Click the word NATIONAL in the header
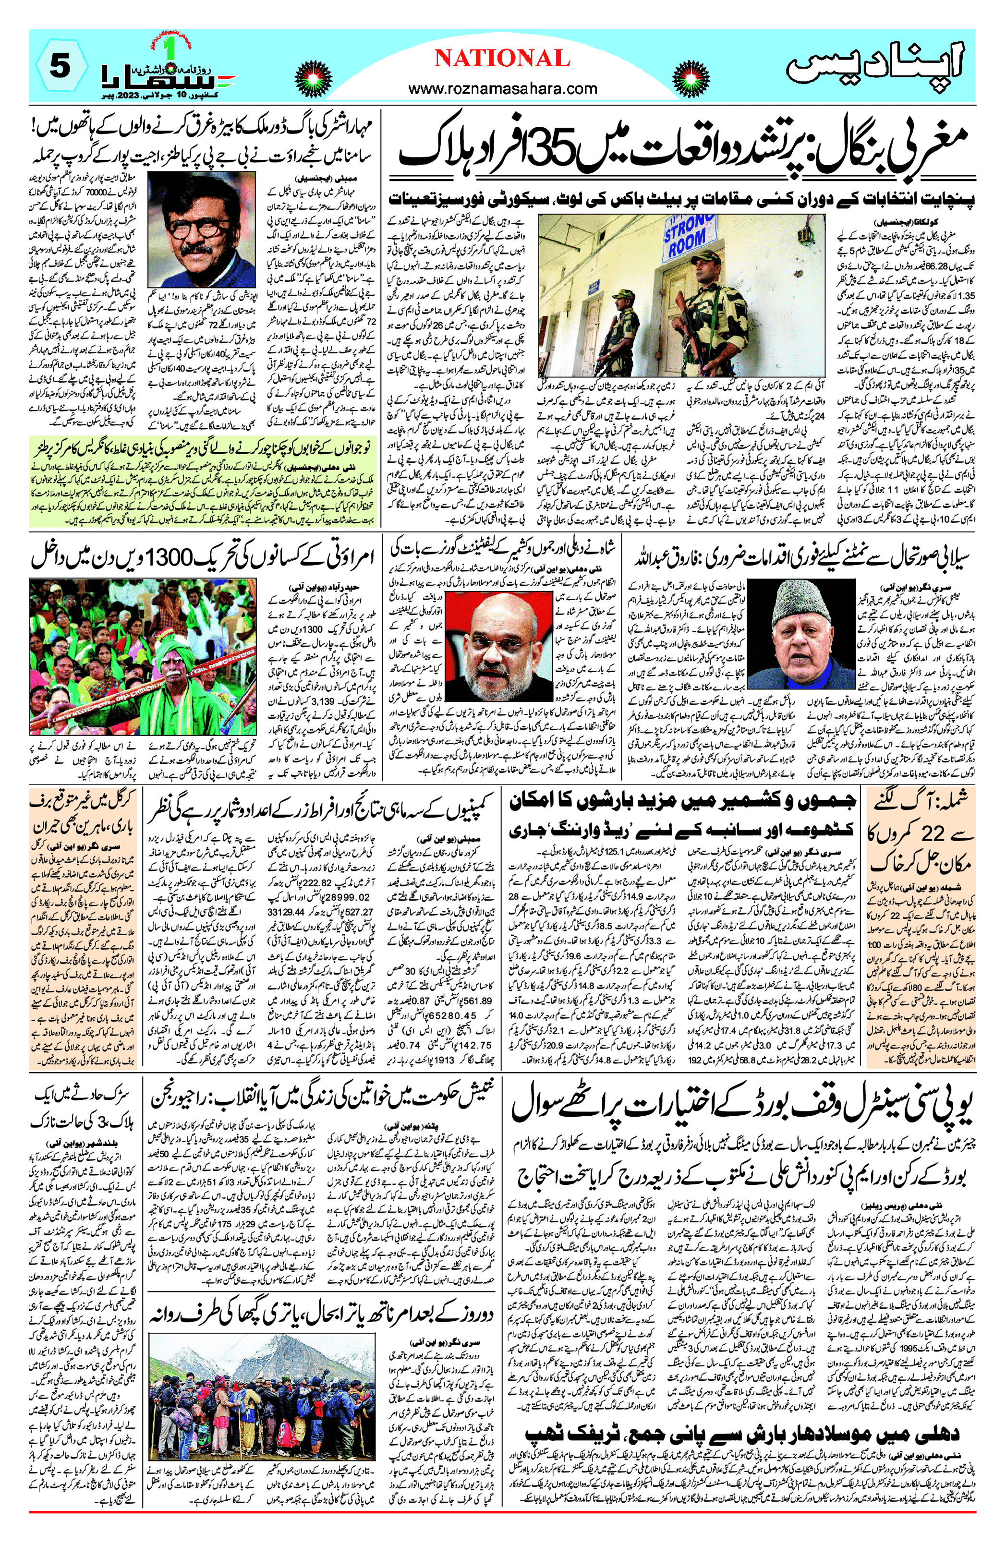pos(502,59)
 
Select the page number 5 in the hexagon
pos(59,66)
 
